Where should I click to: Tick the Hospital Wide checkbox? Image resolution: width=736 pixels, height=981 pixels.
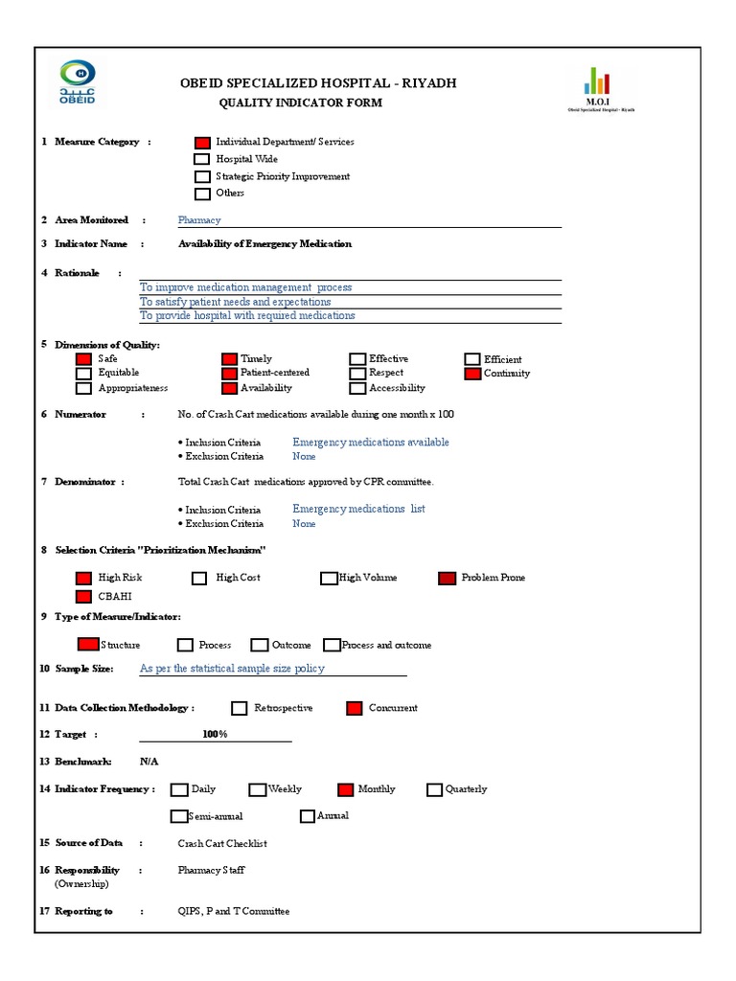pyautogui.click(x=202, y=160)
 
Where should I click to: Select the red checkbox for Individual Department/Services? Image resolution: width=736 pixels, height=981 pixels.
pyautogui.click(x=202, y=143)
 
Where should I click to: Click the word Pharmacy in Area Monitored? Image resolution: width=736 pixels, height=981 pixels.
pyautogui.click(x=199, y=220)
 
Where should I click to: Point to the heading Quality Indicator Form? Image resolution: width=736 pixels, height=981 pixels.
pyautogui.click(x=301, y=103)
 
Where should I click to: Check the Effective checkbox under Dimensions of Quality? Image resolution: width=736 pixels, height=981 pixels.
pyautogui.click(x=357, y=359)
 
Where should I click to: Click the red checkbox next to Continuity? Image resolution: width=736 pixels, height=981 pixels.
pyautogui.click(x=472, y=374)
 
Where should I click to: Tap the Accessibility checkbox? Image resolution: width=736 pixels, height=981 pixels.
pyautogui.click(x=357, y=388)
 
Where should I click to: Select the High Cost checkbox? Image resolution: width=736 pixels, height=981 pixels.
pyautogui.click(x=199, y=578)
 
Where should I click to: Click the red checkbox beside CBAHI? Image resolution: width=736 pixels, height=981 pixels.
pyautogui.click(x=83, y=596)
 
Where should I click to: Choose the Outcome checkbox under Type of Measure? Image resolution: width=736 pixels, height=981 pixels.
pyautogui.click(x=260, y=646)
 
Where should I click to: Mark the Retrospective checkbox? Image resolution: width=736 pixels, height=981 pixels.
pyautogui.click(x=240, y=708)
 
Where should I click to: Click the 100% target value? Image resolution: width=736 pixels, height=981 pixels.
pyautogui.click(x=215, y=734)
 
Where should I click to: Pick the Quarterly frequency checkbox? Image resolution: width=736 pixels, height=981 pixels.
pyautogui.click(x=435, y=789)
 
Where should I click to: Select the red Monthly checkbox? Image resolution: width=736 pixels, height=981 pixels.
pyautogui.click(x=346, y=789)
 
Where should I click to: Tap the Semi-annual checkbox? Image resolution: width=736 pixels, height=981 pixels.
pyautogui.click(x=178, y=816)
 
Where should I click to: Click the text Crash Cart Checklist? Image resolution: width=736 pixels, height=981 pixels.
pyautogui.click(x=222, y=844)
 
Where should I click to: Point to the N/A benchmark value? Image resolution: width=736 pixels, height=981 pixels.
pyautogui.click(x=149, y=762)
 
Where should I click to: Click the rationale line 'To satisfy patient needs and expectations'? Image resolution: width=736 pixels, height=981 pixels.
pyautogui.click(x=236, y=302)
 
